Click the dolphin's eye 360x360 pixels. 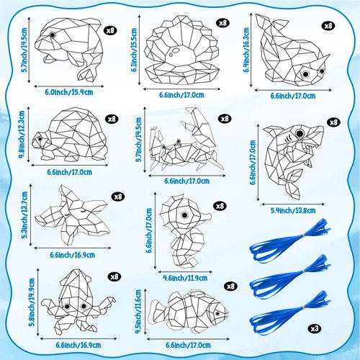tap(53, 36)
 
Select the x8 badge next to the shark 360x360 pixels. tap(333, 122)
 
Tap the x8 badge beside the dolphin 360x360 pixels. tap(110, 30)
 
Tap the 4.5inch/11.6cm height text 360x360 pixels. tap(138, 309)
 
